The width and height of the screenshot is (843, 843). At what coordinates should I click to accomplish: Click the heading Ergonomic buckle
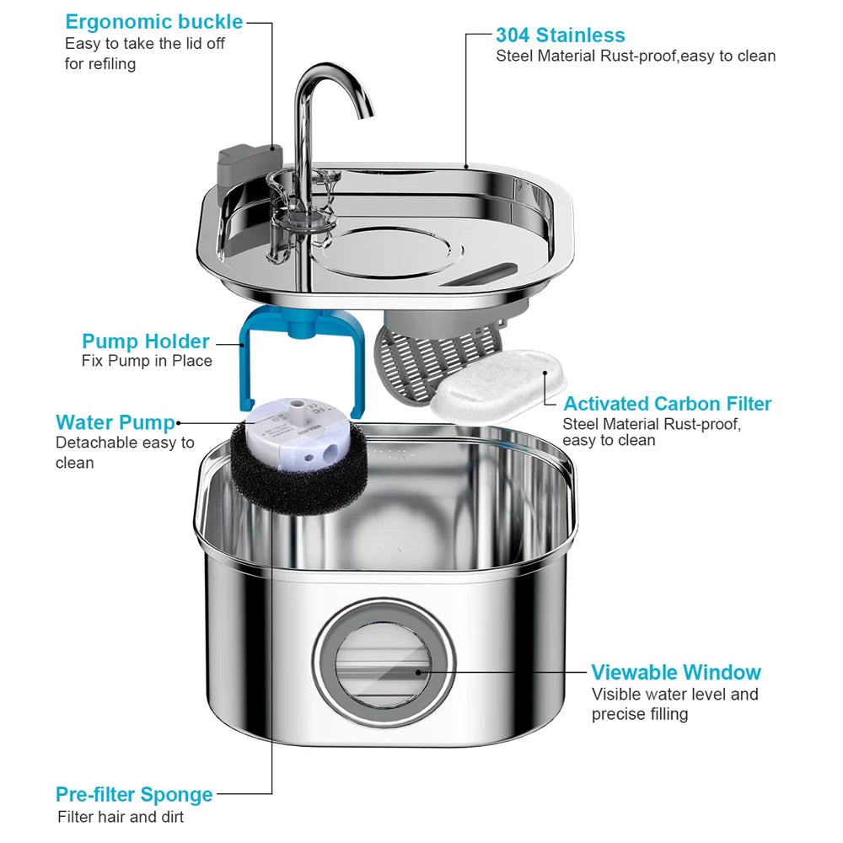pyautogui.click(x=153, y=22)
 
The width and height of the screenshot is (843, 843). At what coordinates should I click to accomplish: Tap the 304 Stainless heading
pyautogui.click(x=560, y=35)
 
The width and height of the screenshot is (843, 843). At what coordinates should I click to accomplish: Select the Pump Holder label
pyautogui.click(x=145, y=341)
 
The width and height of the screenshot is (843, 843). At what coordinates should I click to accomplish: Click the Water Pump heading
pyautogui.click(x=115, y=422)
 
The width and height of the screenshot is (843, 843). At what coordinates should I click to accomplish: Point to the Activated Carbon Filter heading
pyautogui.click(x=667, y=404)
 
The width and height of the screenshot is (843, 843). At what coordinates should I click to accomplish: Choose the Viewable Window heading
pyautogui.click(x=675, y=673)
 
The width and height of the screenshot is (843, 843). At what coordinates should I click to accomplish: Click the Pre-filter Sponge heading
pyautogui.click(x=134, y=794)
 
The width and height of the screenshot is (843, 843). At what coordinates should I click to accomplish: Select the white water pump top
pyautogui.click(x=295, y=421)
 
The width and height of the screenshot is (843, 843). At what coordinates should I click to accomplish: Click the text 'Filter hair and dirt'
pyautogui.click(x=120, y=817)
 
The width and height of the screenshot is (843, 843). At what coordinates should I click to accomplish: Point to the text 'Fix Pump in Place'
pyautogui.click(x=147, y=362)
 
